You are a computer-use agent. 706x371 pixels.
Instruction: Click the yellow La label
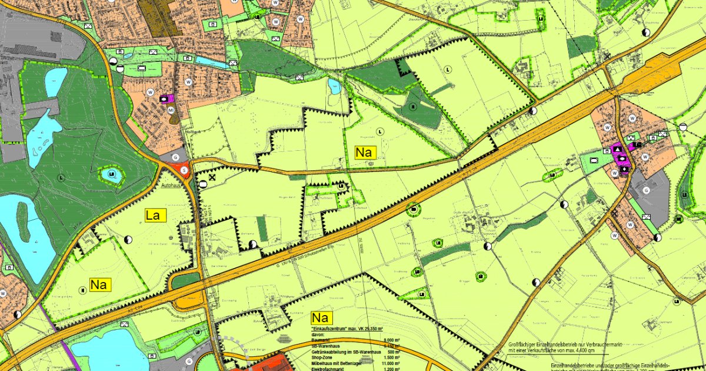[153, 216]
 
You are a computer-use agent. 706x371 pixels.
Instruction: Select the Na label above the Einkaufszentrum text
[321, 318]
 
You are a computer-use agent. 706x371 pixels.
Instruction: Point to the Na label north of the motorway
[365, 153]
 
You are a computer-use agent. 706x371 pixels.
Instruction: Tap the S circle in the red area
[184, 170]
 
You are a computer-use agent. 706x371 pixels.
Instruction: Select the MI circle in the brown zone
[171, 110]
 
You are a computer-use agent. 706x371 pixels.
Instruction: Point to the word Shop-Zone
[322, 357]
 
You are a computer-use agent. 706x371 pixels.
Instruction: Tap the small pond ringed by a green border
[111, 174]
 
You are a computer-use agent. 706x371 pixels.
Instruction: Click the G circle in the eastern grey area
[646, 190]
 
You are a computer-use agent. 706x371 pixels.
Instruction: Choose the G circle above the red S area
[176, 157]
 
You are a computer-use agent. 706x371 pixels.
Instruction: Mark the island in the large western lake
[24, 221]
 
